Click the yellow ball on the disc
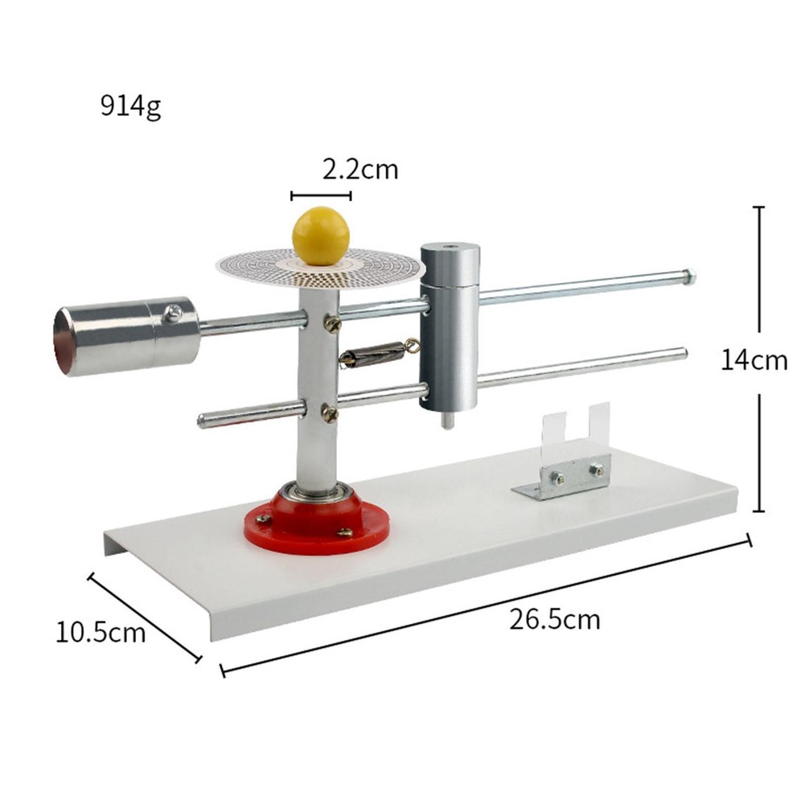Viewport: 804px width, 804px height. click(321, 235)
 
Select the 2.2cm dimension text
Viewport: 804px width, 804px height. click(360, 170)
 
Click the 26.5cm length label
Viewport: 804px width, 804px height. click(555, 619)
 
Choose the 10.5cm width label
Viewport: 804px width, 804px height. click(100, 632)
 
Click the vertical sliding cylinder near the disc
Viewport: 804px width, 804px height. click(449, 326)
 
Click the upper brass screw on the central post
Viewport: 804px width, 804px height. click(331, 324)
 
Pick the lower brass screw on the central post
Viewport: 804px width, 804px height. click(330, 412)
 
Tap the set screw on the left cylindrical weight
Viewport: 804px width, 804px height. click(172, 314)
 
